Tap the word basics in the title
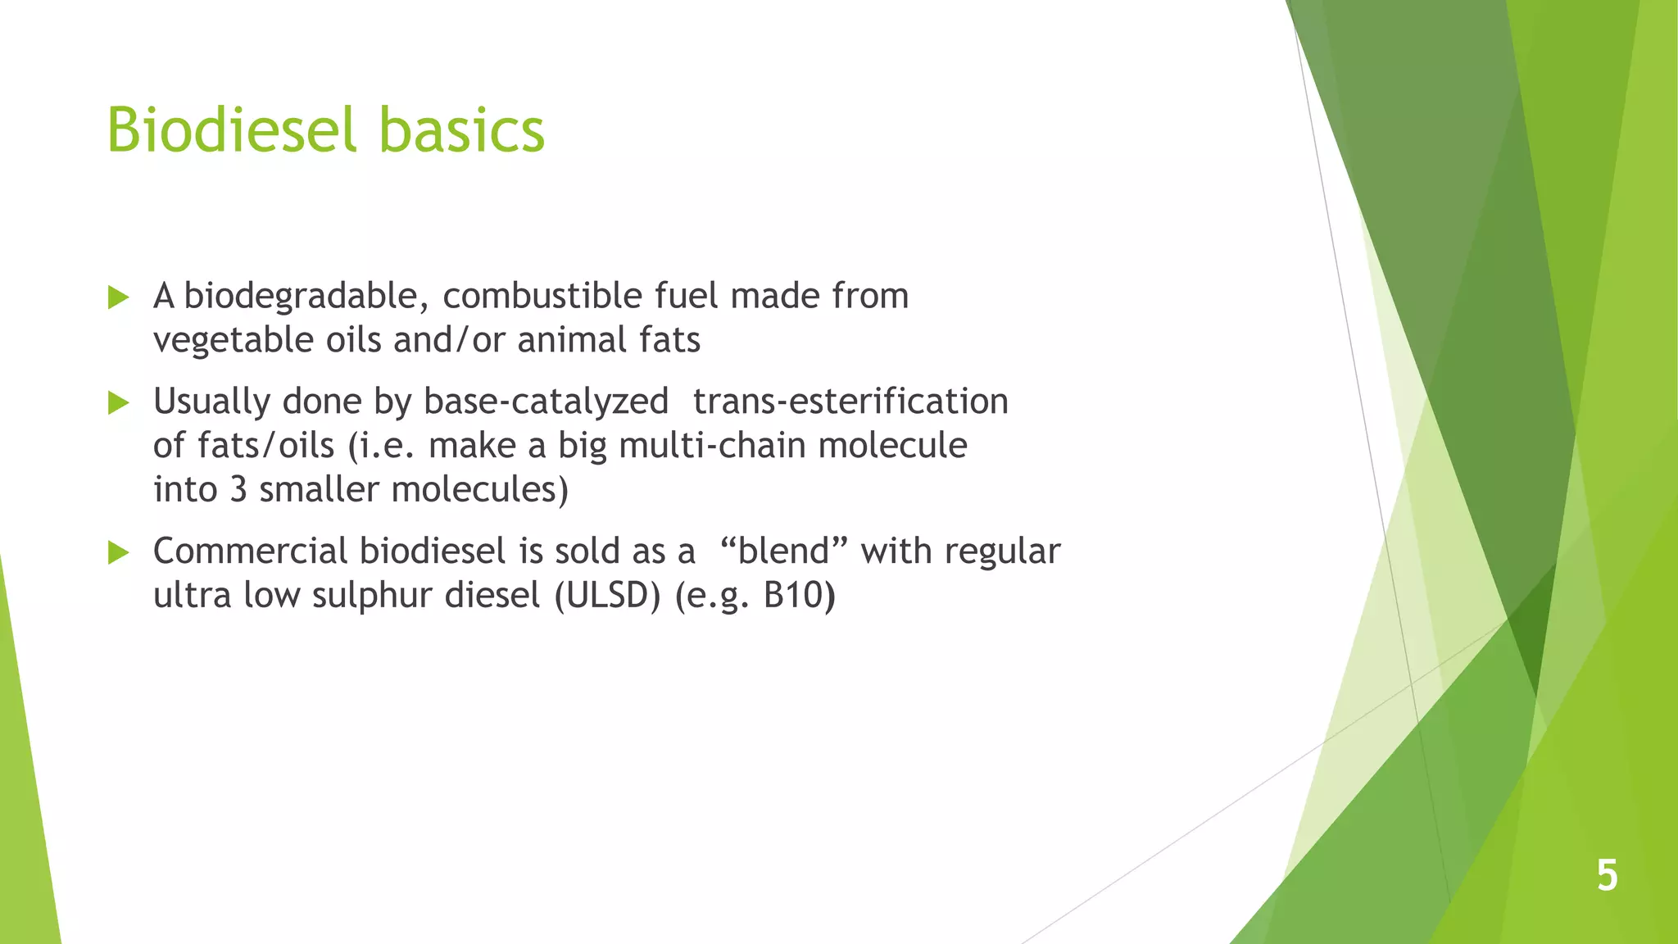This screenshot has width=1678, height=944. click(462, 131)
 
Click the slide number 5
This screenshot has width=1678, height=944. click(1607, 875)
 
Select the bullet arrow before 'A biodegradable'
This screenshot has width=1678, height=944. click(118, 297)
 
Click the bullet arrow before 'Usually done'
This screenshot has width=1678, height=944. click(118, 402)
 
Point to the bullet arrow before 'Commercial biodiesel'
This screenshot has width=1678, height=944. click(118, 552)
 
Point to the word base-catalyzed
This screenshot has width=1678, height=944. click(546, 402)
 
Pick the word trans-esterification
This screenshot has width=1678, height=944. click(850, 402)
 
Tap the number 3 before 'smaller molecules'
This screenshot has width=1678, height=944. click(238, 490)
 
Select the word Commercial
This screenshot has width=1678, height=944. click(251, 551)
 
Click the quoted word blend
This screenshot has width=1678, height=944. click(783, 551)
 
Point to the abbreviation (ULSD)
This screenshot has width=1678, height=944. click(607, 596)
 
